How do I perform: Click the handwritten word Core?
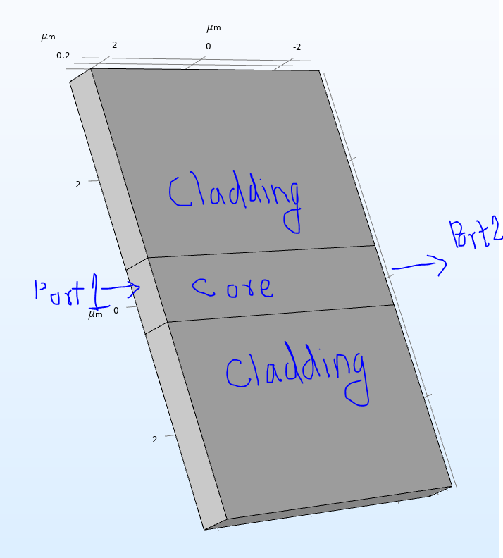click(232, 287)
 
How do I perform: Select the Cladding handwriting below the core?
click(296, 373)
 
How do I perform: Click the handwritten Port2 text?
click(475, 235)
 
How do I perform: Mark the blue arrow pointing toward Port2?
click(418, 266)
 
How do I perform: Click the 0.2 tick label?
click(63, 56)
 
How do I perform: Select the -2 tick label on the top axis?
click(297, 47)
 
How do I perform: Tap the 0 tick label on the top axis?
click(208, 46)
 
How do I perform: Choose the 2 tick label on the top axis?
click(114, 45)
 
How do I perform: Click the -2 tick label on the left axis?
click(76, 185)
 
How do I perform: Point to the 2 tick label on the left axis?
click(154, 440)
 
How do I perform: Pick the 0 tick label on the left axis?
click(116, 311)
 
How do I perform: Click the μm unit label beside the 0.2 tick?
click(48, 37)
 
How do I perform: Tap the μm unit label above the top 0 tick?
click(213, 28)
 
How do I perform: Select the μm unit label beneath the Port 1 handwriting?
click(95, 315)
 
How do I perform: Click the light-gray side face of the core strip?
click(147, 296)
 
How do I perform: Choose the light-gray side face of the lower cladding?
click(185, 423)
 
